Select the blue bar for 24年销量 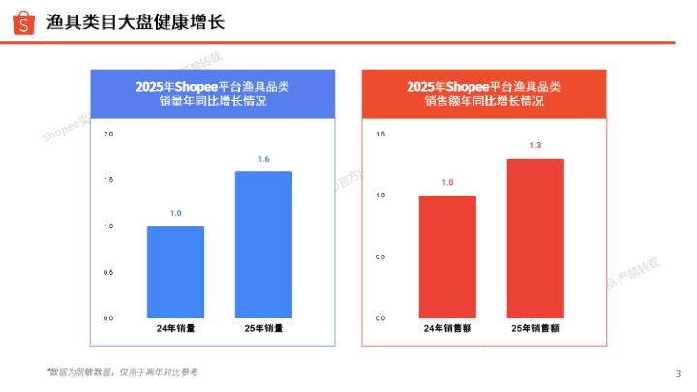pyautogui.click(x=175, y=272)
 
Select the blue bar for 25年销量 pyautogui.click(x=263, y=245)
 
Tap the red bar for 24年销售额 pyautogui.click(x=447, y=256)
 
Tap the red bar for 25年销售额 pyautogui.click(x=535, y=238)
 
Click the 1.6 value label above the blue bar pyautogui.click(x=263, y=159)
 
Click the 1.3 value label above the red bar pyautogui.click(x=535, y=145)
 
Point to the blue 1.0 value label pyautogui.click(x=175, y=213)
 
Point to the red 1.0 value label pyautogui.click(x=447, y=182)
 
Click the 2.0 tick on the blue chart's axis pyautogui.click(x=108, y=134)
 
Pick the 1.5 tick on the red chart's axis pyautogui.click(x=380, y=134)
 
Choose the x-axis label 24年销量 pyautogui.click(x=175, y=328)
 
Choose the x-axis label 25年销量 pyautogui.click(x=263, y=328)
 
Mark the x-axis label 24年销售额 pyautogui.click(x=447, y=328)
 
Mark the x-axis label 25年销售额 pyautogui.click(x=535, y=328)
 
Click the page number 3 pyautogui.click(x=677, y=374)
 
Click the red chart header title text pyautogui.click(x=483, y=94)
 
